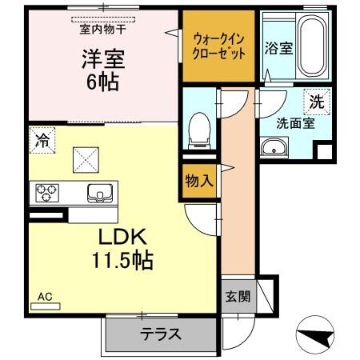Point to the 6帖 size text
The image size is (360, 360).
tap(103, 82)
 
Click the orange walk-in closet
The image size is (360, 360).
tap(217, 46)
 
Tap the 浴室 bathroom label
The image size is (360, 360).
tap(278, 47)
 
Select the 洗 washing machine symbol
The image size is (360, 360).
tap(318, 101)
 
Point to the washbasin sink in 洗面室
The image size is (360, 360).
tap(277, 148)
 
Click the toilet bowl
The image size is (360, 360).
tap(198, 127)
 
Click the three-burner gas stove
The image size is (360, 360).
tap(46, 193)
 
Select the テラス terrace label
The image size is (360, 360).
tap(160, 335)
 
